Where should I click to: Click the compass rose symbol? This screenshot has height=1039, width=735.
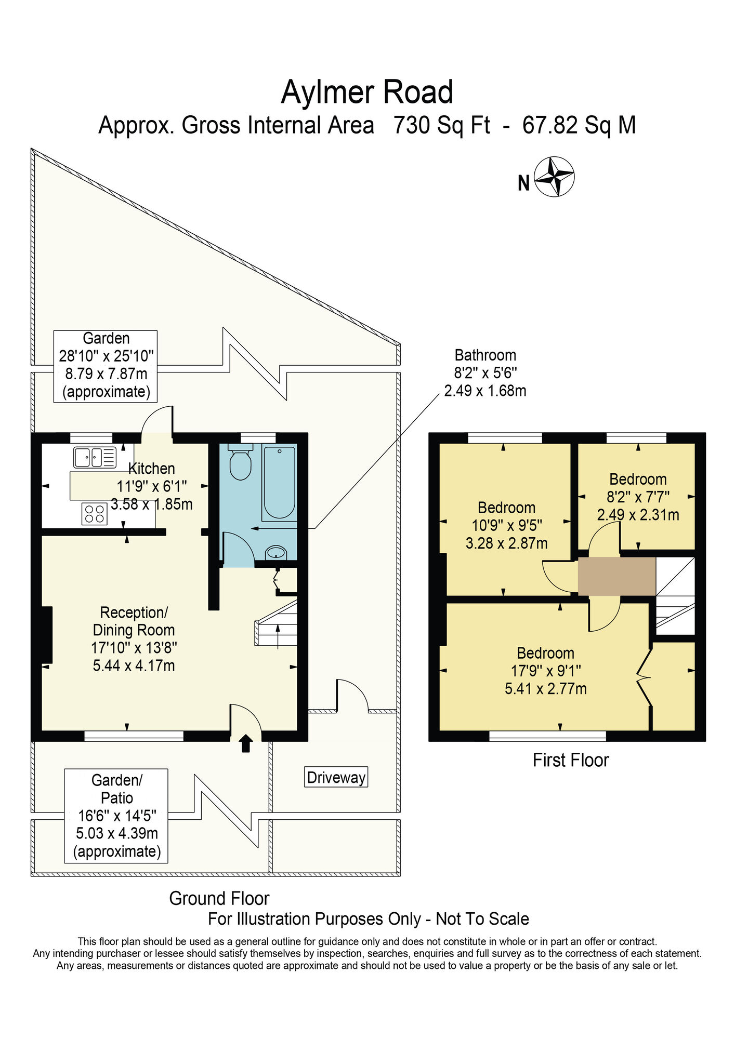pos(554,177)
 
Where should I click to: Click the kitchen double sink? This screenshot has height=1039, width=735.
pos(95,457)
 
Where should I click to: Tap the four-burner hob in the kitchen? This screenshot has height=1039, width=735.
pos(94,514)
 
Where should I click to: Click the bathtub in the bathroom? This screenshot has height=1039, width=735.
pos(279,483)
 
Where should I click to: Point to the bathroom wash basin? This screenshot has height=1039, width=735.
pos(275,553)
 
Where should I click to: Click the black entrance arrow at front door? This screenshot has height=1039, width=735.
pos(245,743)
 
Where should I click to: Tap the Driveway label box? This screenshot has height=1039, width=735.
pos(336,777)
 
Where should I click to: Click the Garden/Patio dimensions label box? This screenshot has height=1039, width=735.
pos(116,816)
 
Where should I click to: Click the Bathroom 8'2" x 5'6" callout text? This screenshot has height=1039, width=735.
pos(485,373)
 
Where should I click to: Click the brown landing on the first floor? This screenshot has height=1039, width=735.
pos(616,576)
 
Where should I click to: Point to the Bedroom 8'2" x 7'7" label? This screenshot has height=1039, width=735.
pos(638,497)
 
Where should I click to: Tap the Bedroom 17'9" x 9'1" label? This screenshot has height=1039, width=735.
pos(545,671)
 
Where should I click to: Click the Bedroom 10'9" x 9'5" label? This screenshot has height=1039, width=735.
pos(506,525)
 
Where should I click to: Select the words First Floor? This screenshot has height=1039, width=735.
pos(570,761)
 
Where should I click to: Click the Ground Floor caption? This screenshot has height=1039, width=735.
pos(219,898)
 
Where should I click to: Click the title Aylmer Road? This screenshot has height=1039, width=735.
pos(367,92)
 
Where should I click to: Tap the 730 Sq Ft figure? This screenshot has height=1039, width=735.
pos(441,125)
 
